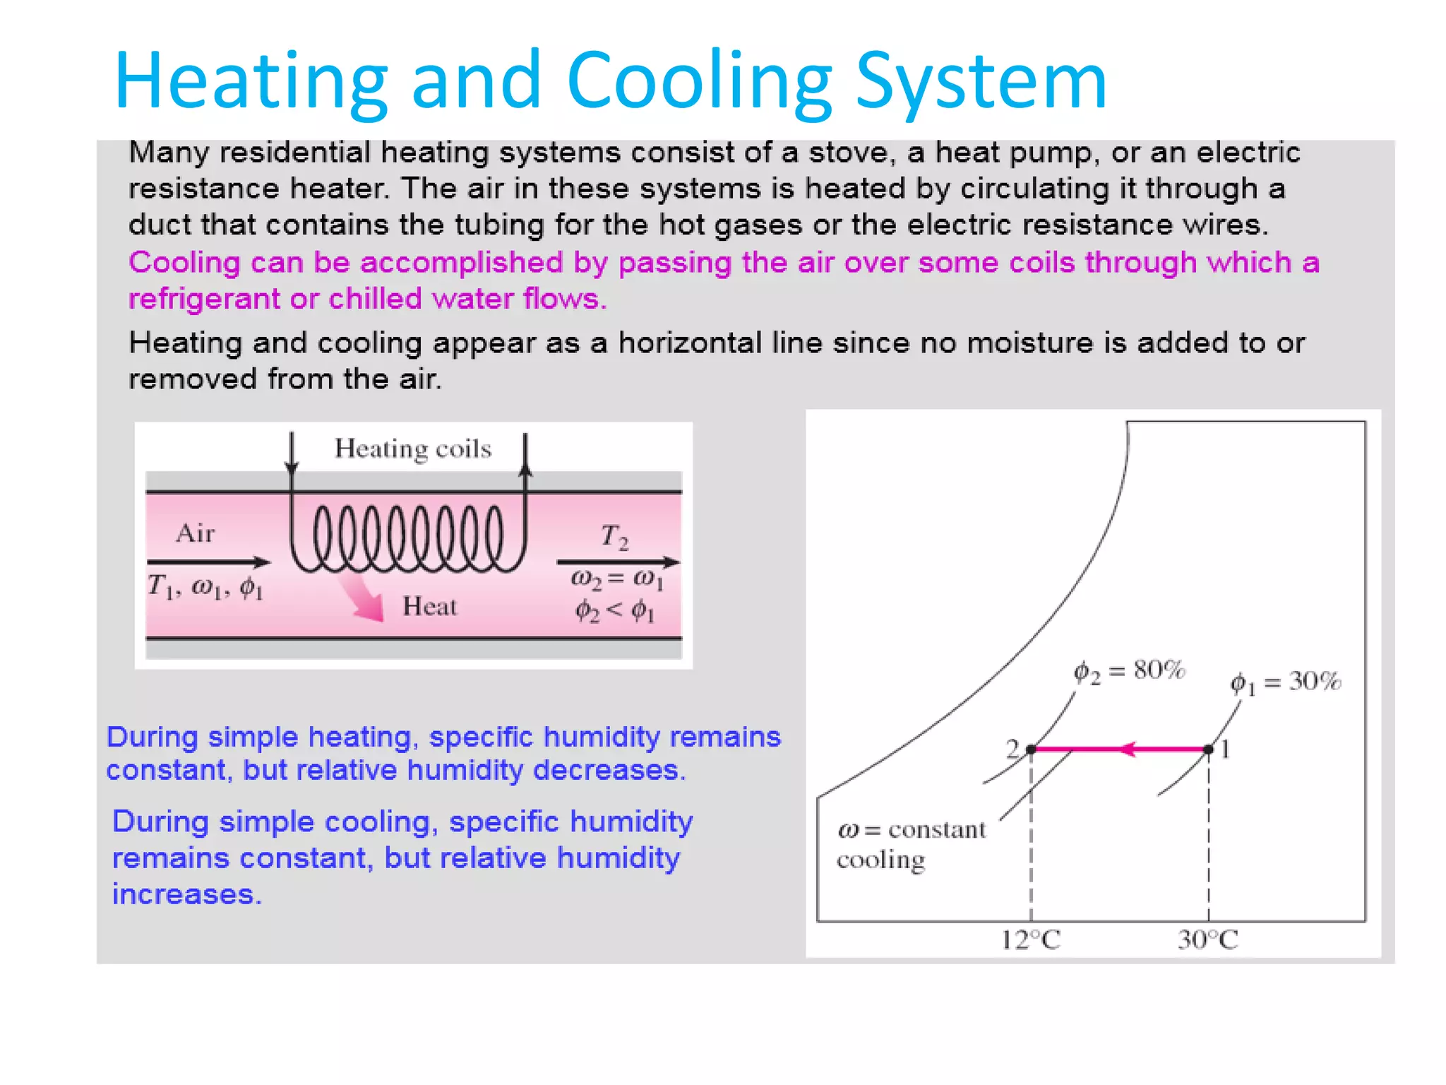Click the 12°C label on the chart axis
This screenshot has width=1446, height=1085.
click(1031, 940)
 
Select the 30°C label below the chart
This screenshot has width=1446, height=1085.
click(1207, 940)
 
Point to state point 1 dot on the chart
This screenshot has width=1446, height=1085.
click(1209, 749)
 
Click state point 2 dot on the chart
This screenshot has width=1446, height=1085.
click(1031, 749)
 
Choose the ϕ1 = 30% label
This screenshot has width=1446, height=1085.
click(1285, 682)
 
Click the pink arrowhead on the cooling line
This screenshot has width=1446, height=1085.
click(1128, 749)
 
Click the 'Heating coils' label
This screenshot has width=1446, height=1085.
click(413, 449)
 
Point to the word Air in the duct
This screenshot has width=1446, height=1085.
click(196, 533)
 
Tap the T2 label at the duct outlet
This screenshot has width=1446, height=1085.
click(614, 537)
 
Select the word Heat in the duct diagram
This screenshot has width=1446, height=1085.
click(429, 607)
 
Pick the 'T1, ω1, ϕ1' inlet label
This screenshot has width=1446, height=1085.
click(205, 587)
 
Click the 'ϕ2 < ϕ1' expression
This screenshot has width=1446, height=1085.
click(615, 610)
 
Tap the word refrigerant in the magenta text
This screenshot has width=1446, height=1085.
click(204, 300)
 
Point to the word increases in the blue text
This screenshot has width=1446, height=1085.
click(186, 895)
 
